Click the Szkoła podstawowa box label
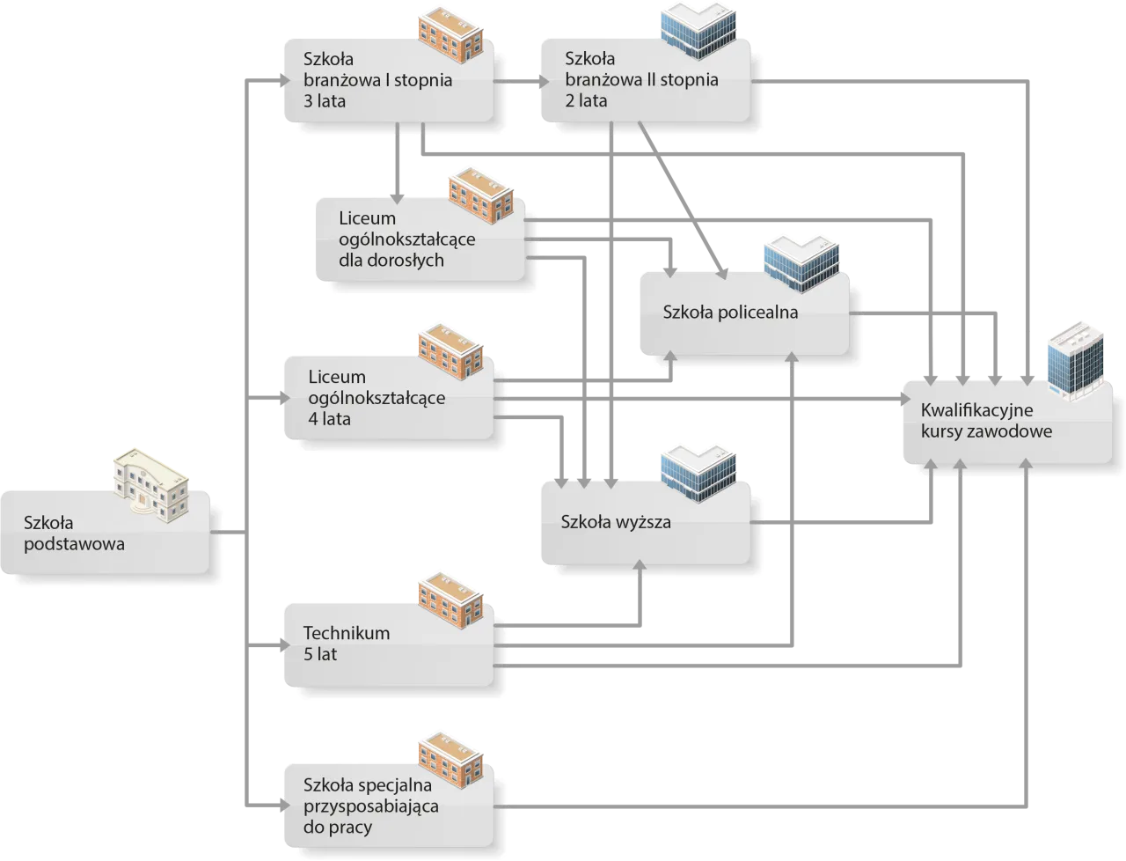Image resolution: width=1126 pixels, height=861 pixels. [74, 534]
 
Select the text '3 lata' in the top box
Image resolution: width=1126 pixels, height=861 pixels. [324, 101]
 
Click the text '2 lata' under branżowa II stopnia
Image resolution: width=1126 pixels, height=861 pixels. [586, 100]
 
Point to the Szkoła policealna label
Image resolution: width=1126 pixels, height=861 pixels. [730, 312]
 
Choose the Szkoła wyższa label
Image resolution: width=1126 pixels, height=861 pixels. [616, 522]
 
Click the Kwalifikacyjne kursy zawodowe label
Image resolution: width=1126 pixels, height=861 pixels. [985, 421]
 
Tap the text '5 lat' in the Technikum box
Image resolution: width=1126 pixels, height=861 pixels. [320, 654]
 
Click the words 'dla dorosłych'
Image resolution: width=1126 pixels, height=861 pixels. [391, 261]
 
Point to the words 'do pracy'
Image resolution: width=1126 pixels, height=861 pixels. [338, 827]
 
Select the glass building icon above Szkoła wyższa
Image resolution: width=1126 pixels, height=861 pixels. [698, 474]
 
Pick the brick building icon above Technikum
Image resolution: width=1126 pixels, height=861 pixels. [450, 601]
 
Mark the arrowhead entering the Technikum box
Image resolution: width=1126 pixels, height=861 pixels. [281, 649]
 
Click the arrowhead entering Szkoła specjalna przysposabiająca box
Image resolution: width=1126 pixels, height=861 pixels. [281, 805]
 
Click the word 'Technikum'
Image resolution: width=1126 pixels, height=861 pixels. [346, 633]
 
